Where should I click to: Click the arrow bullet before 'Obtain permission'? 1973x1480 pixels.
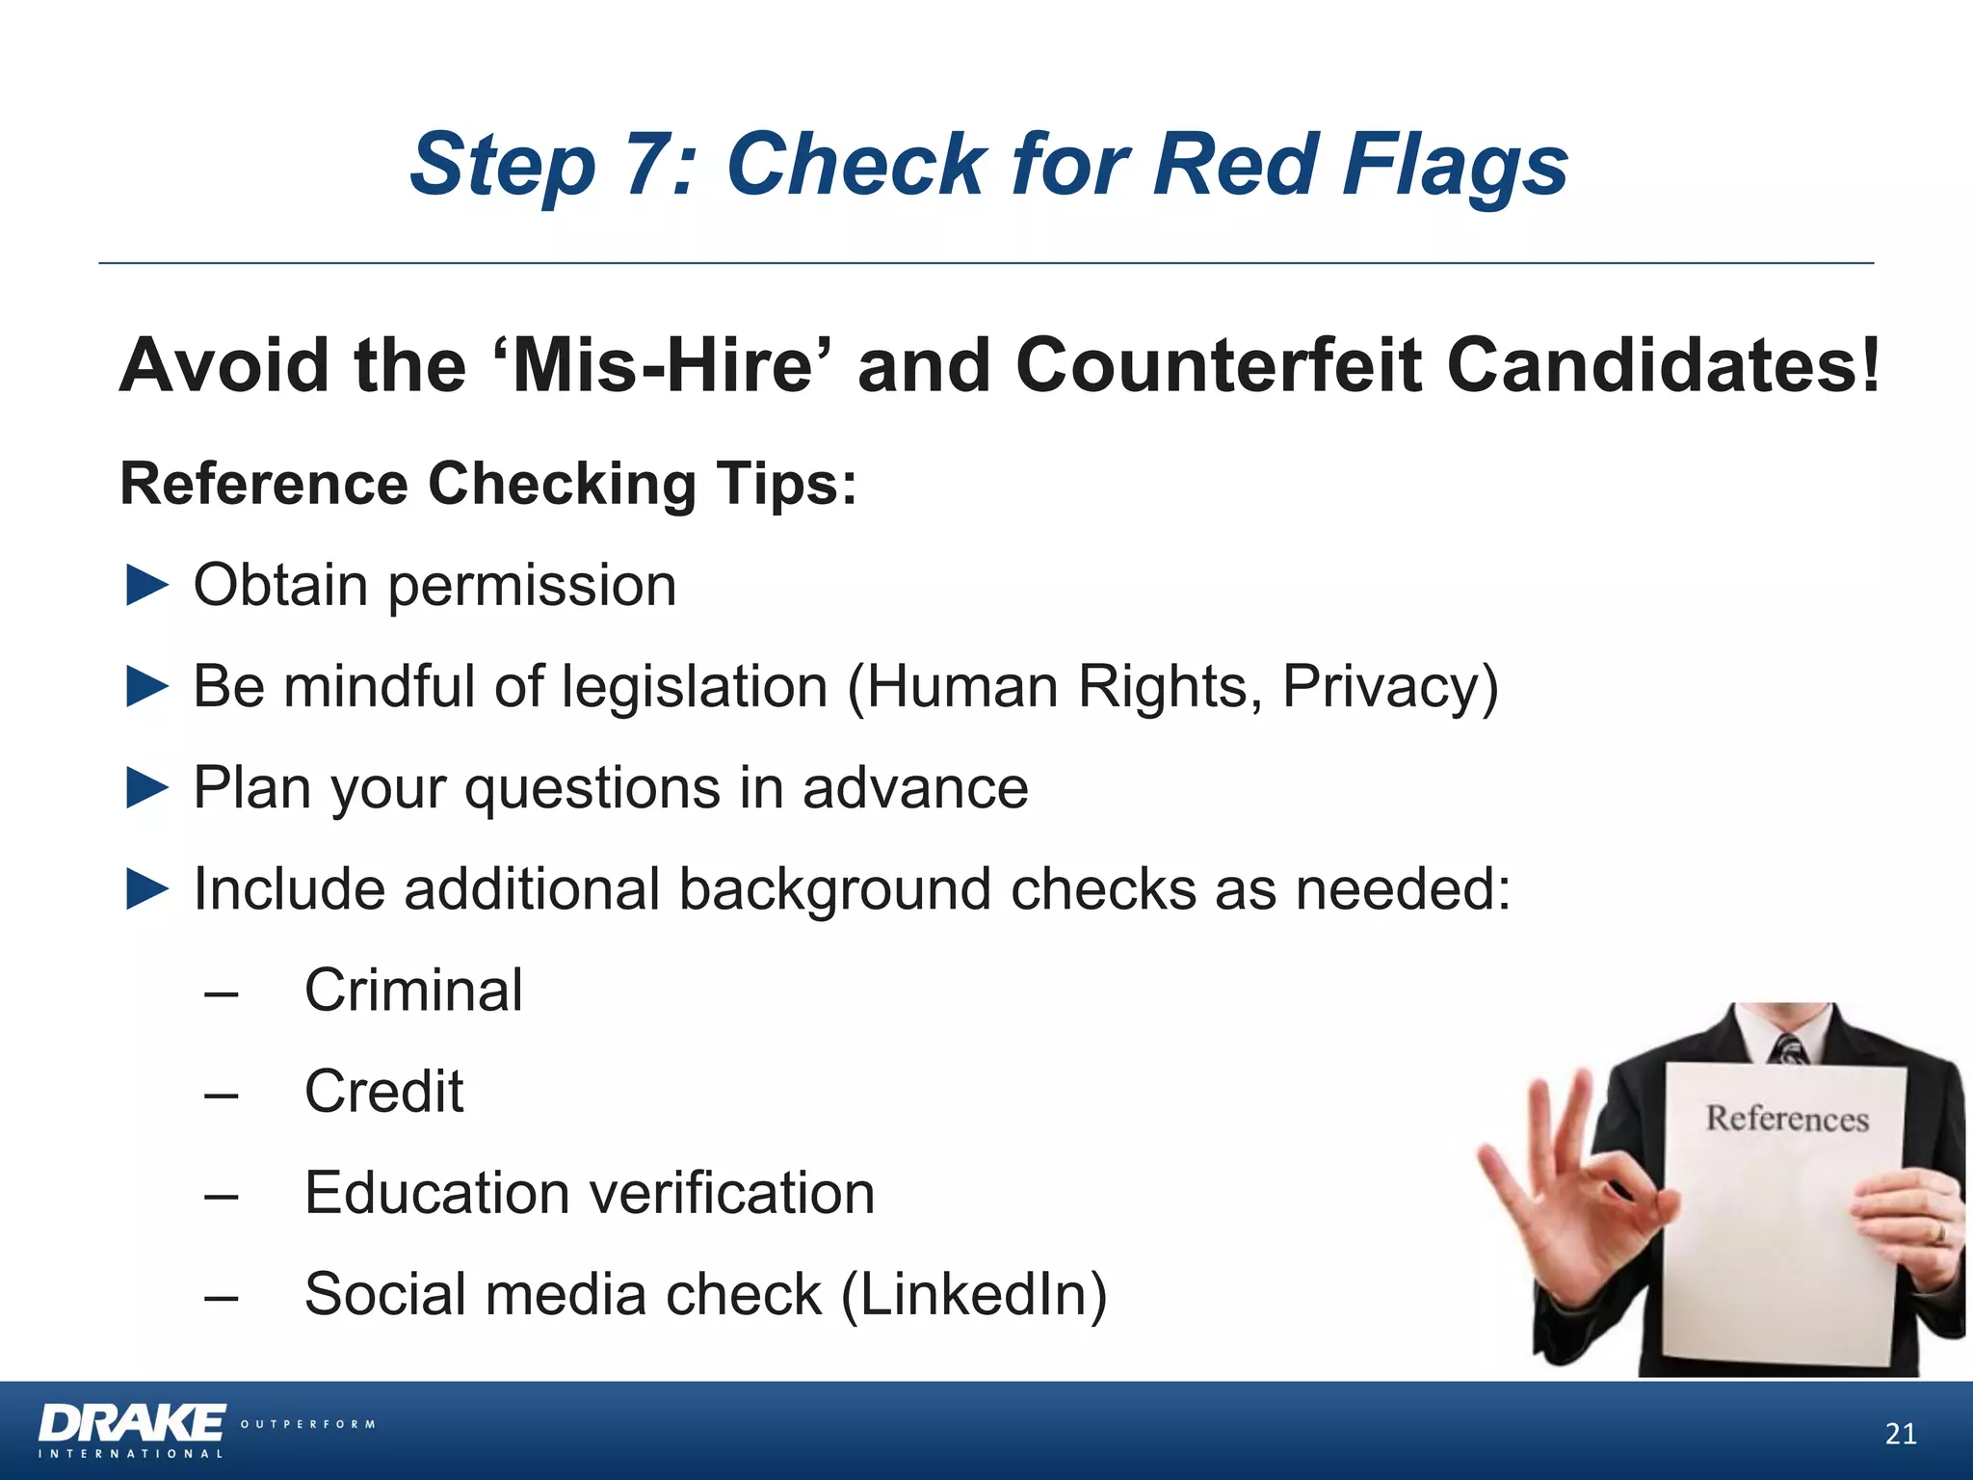pyautogui.click(x=147, y=586)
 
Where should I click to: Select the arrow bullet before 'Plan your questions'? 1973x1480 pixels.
pyautogui.click(x=147, y=788)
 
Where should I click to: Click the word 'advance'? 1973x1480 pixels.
pyautogui.click(x=915, y=788)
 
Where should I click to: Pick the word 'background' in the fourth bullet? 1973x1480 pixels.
pyautogui.click(x=834, y=888)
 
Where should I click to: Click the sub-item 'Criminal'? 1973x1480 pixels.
pyautogui.click(x=413, y=990)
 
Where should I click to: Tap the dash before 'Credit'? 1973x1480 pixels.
pyautogui.click(x=222, y=1094)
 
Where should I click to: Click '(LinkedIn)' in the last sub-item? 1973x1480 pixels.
pyautogui.click(x=974, y=1294)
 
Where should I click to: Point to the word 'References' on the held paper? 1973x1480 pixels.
pyautogui.click(x=1787, y=1119)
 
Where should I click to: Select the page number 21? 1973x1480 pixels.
pyautogui.click(x=1900, y=1435)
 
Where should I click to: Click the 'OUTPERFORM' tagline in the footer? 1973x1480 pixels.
pyautogui.click(x=307, y=1424)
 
